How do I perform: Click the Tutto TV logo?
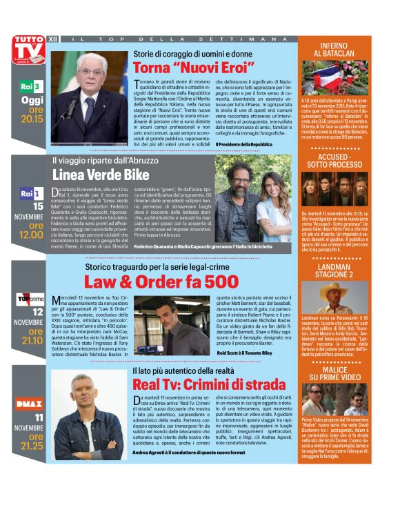click(29, 50)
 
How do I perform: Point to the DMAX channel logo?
click(30, 404)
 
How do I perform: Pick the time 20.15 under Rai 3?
click(32, 119)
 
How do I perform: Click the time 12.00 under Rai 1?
click(31, 235)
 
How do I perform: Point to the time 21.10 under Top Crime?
click(31, 339)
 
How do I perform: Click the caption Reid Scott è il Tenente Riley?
click(246, 353)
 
